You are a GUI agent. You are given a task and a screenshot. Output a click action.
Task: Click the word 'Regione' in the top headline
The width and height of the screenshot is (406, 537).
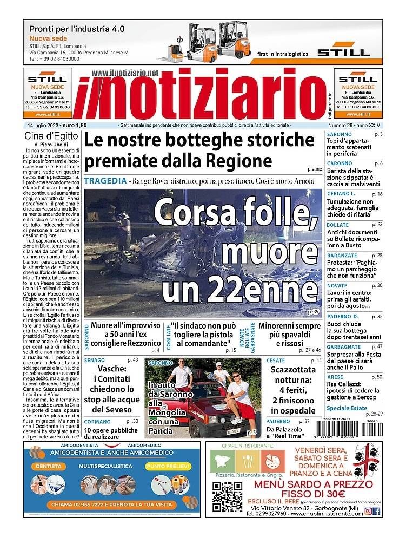[x=238, y=161]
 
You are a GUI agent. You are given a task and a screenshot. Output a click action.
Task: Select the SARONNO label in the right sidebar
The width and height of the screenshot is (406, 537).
[x=340, y=134]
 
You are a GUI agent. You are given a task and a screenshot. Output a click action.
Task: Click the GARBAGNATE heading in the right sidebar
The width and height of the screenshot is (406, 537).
[x=344, y=347]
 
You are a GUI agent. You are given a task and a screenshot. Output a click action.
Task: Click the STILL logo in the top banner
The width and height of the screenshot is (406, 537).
[x=343, y=52]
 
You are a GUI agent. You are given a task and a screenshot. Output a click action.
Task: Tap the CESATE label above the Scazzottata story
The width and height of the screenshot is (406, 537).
[x=276, y=361]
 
